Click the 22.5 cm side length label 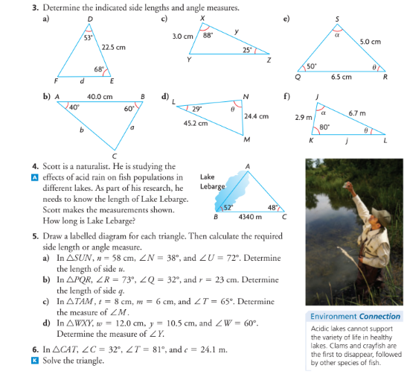(x=113, y=47)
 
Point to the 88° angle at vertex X (x=210, y=34)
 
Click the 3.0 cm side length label (x=183, y=35)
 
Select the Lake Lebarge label (x=208, y=181)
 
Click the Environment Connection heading (x=356, y=316)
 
